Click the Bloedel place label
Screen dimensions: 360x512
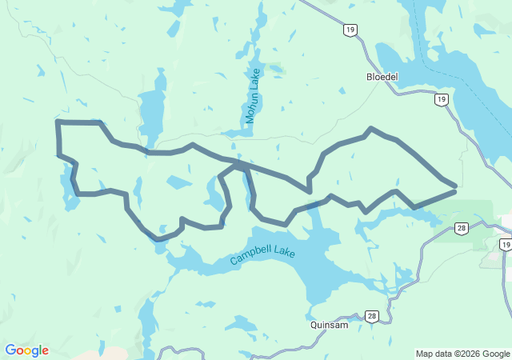click(382, 78)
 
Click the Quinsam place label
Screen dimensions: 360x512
click(330, 326)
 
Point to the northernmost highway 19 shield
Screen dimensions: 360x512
click(351, 30)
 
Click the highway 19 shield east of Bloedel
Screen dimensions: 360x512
click(441, 99)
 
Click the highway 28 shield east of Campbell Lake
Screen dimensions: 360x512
click(462, 229)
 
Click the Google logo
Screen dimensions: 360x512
click(26, 350)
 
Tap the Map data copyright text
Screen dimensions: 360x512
click(462, 354)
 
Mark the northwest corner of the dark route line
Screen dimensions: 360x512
click(57, 122)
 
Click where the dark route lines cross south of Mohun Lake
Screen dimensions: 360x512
click(242, 165)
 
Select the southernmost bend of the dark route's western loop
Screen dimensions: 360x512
click(159, 238)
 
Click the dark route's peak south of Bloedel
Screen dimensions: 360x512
click(370, 128)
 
